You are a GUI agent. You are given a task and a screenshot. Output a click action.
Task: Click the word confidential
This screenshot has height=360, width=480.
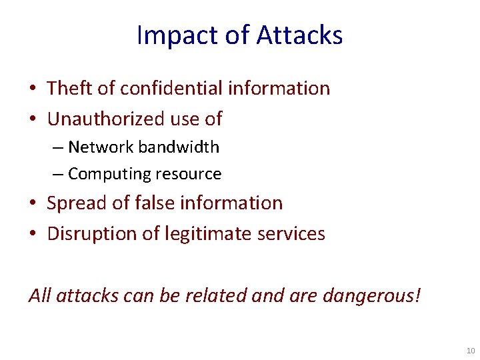point(161,88)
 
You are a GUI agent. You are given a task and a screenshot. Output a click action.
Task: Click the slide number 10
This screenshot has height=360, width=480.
point(471,351)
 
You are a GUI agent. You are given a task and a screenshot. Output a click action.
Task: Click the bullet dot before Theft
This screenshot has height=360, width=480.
point(33,89)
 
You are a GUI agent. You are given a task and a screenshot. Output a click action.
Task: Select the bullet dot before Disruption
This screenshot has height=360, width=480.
point(33,235)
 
